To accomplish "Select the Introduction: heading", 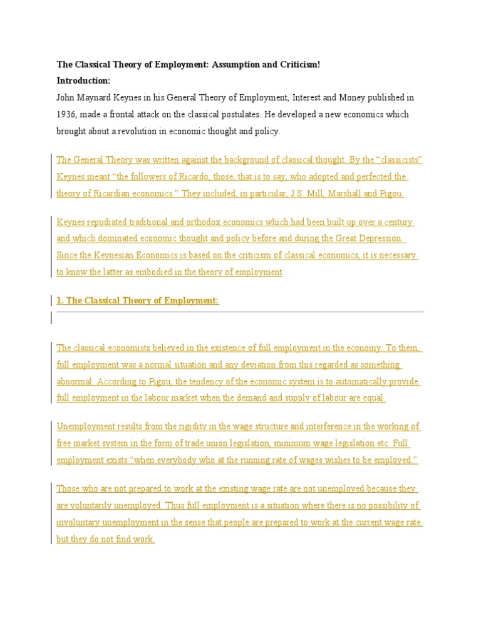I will click(x=83, y=80).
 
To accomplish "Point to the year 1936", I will click(x=67, y=114).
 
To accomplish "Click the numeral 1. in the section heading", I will click(x=60, y=300).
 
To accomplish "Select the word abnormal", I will click(x=75, y=381).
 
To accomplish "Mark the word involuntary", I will click(x=82, y=522).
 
